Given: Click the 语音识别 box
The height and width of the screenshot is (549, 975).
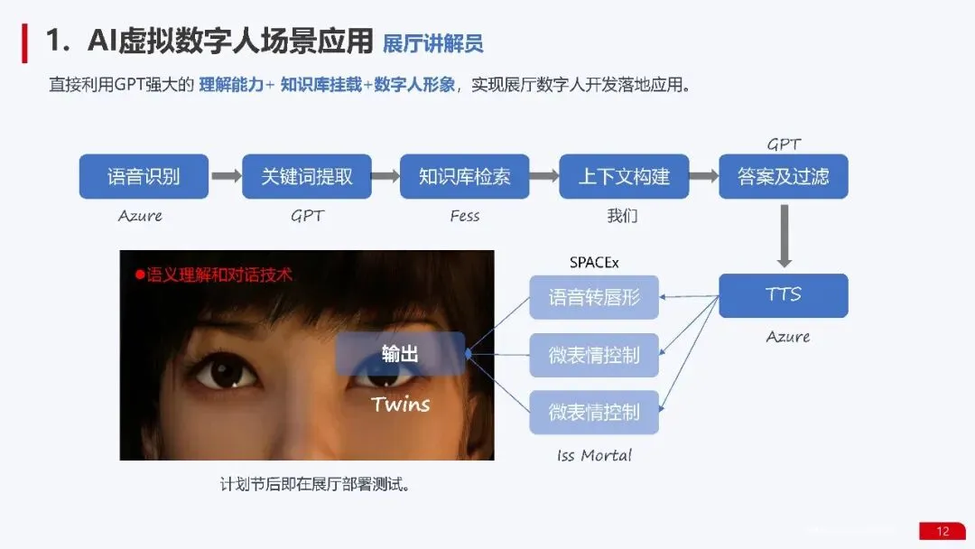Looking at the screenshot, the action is coord(144,177).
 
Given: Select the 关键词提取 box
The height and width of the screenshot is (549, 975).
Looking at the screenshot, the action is coord(307,177).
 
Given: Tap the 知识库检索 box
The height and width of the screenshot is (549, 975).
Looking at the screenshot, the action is coord(464,177).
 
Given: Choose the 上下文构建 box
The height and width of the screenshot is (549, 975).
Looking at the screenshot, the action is coord(624,177).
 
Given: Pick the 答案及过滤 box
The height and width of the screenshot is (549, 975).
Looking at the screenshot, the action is coord(784,177).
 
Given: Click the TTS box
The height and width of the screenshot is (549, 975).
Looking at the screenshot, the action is coord(784,295).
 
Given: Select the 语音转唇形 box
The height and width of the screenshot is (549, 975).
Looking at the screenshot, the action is coord(594,297).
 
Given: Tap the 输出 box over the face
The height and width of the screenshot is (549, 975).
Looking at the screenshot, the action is coord(400,354).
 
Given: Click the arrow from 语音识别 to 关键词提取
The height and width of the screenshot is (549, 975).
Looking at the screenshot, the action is coord(226,177).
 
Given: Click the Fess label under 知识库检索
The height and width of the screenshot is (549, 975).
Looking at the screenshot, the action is coord(464,216).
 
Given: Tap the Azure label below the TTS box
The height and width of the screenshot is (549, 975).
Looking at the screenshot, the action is coord(788,337).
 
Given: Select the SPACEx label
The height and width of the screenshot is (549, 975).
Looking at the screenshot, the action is coord(594,263).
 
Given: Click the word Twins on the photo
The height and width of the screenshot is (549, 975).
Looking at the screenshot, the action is coord(400,404).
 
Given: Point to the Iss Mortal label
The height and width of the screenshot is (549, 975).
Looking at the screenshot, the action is coord(594,455).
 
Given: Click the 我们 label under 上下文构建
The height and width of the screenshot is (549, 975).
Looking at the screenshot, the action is coord(622,217).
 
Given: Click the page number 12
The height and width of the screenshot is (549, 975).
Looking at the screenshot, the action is coord(942,531).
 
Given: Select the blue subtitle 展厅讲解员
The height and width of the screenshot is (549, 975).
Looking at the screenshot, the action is coord(432,42).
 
